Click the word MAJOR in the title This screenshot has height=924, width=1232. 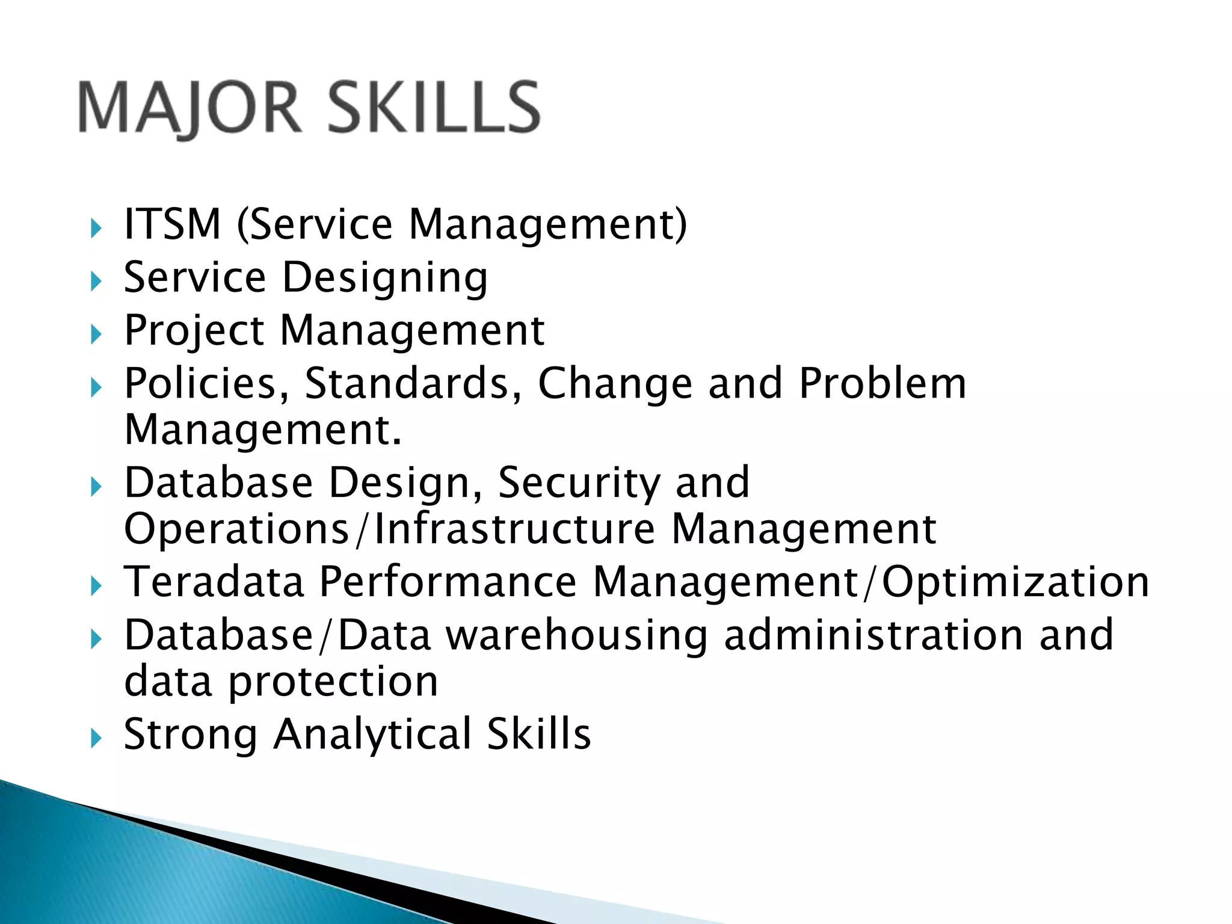[x=189, y=108]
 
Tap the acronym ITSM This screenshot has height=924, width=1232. [x=173, y=224]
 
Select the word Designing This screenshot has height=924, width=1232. [x=385, y=279]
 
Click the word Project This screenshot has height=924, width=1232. [x=194, y=331]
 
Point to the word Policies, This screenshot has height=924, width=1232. [x=206, y=384]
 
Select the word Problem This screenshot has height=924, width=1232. [x=882, y=384]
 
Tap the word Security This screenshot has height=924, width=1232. [x=579, y=483]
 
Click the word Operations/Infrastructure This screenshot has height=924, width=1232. [x=389, y=529]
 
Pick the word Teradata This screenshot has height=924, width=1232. [x=214, y=582]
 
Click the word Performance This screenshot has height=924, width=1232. [x=448, y=582]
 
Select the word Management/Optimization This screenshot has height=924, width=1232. [x=870, y=583]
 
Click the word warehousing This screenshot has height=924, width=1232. [x=576, y=636]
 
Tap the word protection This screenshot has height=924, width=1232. [x=333, y=682]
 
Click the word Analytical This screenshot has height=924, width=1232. [x=372, y=735]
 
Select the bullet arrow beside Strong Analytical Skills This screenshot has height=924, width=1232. [x=96, y=738]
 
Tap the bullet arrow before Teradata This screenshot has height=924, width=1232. [x=96, y=585]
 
